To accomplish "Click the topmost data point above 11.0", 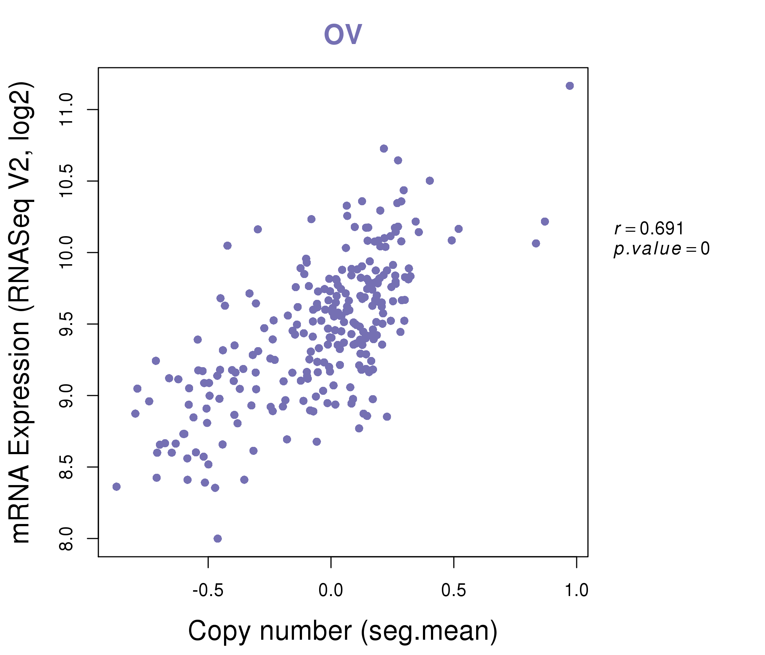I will pyautogui.click(x=569, y=86).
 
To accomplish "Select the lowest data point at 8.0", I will pyautogui.click(x=217, y=539).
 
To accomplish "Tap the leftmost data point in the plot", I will pyautogui.click(x=116, y=487).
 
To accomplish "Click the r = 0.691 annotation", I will pyautogui.click(x=649, y=229).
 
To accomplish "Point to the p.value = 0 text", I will pyautogui.click(x=661, y=249).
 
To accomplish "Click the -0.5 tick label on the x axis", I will pyautogui.click(x=208, y=591).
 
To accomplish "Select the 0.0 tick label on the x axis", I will pyautogui.click(x=331, y=591).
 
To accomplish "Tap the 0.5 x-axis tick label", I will pyautogui.click(x=454, y=591).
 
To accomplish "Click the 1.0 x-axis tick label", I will pyautogui.click(x=576, y=591).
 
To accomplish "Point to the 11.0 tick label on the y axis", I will pyautogui.click(x=66, y=110).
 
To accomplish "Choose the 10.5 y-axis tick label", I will pyautogui.click(x=66, y=181).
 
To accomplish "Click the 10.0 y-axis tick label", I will pyautogui.click(x=66, y=253).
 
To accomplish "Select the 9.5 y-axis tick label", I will pyautogui.click(x=66, y=324).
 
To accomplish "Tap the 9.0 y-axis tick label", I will pyautogui.click(x=66, y=396).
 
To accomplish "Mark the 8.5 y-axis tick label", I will pyautogui.click(x=66, y=467).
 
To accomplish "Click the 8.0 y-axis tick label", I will pyautogui.click(x=66, y=539).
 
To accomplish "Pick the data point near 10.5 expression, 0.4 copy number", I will pyautogui.click(x=429, y=181).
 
